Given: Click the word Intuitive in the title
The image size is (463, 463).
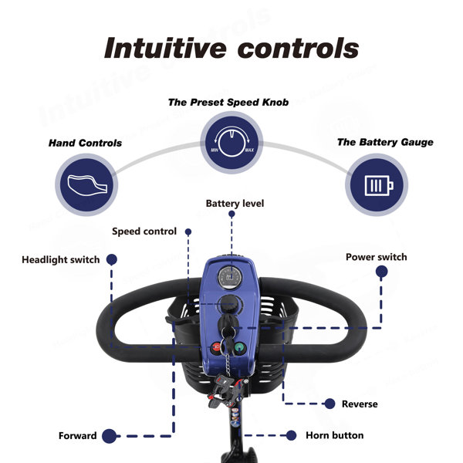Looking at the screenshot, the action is pyautogui.click(x=165, y=48).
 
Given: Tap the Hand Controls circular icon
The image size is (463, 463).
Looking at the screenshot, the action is pyautogui.click(x=86, y=185).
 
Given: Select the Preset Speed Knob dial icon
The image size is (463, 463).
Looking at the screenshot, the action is pyautogui.click(x=231, y=143).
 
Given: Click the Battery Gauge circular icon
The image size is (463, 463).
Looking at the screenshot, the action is pyautogui.click(x=377, y=185).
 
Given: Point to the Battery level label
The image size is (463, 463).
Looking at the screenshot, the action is pyautogui.click(x=235, y=204).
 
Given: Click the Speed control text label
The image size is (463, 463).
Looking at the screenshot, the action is pyautogui.click(x=144, y=231).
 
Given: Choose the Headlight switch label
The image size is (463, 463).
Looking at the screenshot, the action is pyautogui.click(x=60, y=259).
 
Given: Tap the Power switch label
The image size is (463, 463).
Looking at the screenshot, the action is pyautogui.click(x=377, y=257).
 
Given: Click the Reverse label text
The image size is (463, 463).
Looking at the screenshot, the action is pyautogui.click(x=360, y=404).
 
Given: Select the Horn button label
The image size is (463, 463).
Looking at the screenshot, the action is pyautogui.click(x=335, y=435).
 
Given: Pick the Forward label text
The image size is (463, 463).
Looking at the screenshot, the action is pyautogui.click(x=77, y=436).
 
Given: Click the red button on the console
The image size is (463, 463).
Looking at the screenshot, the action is pyautogui.click(x=216, y=347).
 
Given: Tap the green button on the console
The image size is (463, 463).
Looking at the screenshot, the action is pyautogui.click(x=240, y=348).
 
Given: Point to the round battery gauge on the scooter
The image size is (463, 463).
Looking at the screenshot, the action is pyautogui.click(x=230, y=277).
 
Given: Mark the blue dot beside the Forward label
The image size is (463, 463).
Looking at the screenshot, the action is pyautogui.click(x=110, y=436).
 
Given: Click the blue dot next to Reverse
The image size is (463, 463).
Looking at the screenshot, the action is pyautogui.click(x=330, y=404).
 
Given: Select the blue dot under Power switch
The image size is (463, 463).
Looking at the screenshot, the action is pyautogui.click(x=381, y=272).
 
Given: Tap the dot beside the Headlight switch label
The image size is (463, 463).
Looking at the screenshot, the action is pyautogui.click(x=112, y=259).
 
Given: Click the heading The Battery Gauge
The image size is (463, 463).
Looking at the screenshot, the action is pyautogui.click(x=385, y=142).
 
